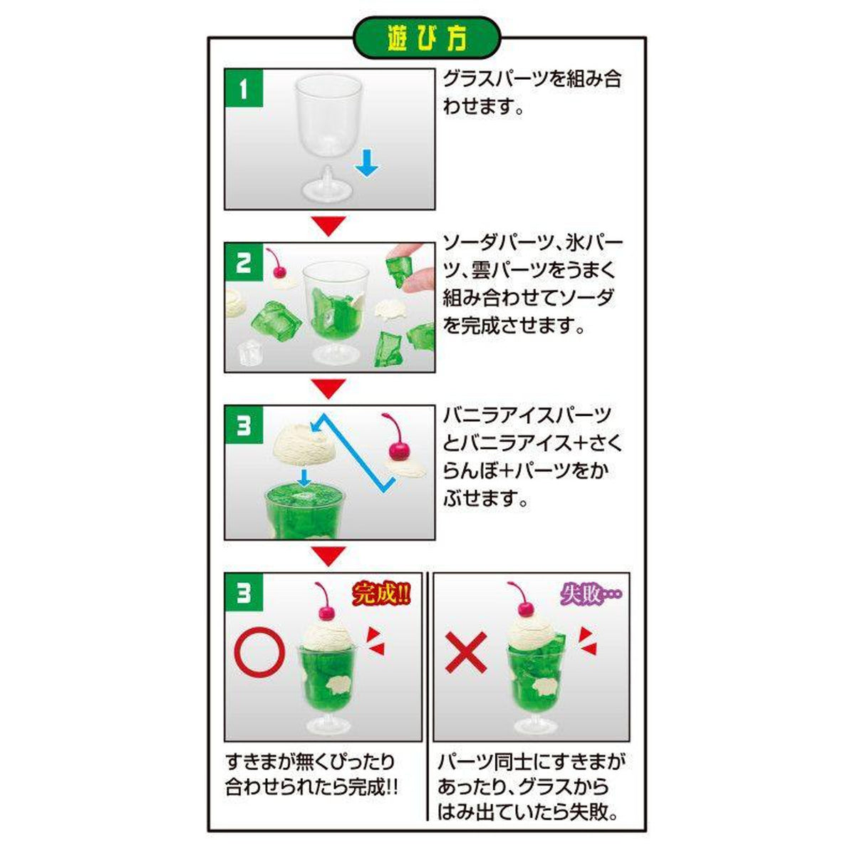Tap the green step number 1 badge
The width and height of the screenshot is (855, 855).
coord(243,90)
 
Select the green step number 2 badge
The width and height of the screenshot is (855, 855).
coord(243,264)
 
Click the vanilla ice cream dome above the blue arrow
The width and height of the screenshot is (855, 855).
coord(302,443)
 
